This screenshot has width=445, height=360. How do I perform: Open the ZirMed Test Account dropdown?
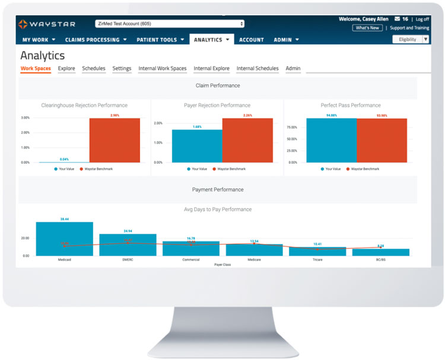pos(169,24)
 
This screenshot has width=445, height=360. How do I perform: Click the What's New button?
pos(367,28)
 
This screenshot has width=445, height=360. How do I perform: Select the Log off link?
pos(422,19)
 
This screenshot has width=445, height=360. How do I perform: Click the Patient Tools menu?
pos(161,40)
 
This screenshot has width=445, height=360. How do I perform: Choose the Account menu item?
pos(252,40)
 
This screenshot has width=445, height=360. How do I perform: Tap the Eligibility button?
pos(407,39)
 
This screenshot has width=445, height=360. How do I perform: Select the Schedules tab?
pos(94,69)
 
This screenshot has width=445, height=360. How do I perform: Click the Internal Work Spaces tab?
pos(163,69)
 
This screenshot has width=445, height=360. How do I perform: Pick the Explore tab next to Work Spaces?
pos(66,69)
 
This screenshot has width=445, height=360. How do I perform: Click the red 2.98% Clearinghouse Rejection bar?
pos(115,141)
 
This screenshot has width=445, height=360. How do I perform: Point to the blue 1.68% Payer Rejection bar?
pos(197,146)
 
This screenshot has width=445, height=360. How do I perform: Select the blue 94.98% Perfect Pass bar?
pos(331,141)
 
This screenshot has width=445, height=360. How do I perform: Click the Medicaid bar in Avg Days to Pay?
pos(65,239)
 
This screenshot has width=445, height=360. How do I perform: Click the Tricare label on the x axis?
pos(317,259)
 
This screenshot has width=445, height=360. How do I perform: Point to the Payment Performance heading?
pos(218,190)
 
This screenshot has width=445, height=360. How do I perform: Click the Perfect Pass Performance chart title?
pos(351,106)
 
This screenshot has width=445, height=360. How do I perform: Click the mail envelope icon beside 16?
pos(397,19)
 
